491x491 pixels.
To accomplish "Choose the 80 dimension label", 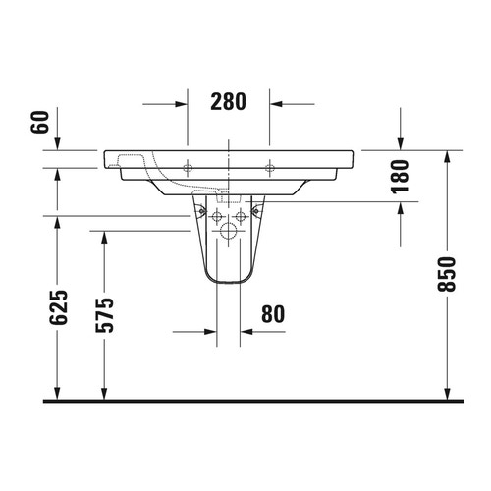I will point(273,315).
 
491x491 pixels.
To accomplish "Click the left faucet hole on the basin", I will point(187,169).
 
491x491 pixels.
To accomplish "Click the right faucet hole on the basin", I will point(270,169).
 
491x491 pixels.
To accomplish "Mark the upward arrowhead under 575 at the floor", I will point(104,393).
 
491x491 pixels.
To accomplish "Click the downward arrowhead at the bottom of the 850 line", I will point(448,393).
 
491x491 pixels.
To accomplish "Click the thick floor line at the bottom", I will point(245,401).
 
